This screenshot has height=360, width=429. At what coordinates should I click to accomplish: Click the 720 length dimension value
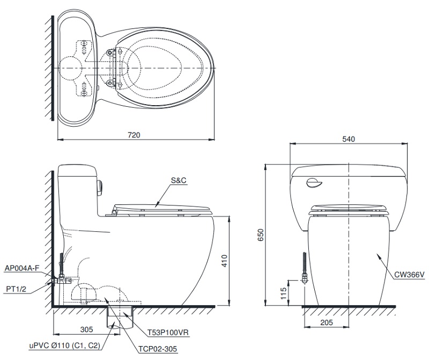134,135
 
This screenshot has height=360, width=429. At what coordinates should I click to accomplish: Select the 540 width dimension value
349,139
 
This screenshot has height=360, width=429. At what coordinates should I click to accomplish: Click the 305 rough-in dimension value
87,329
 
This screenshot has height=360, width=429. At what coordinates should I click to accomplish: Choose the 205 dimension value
327,322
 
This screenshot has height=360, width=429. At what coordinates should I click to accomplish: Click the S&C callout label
179,181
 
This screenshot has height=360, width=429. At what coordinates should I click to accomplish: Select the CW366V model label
409,275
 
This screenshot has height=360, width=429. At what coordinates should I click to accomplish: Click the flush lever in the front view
314,185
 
